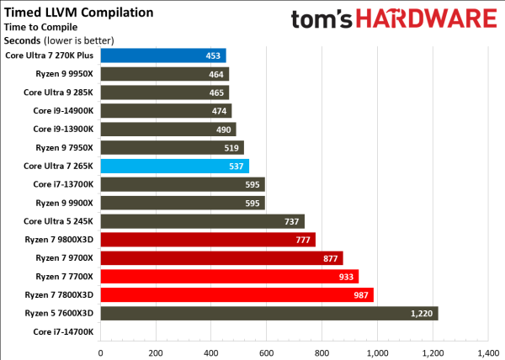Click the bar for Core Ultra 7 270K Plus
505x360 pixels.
pos(162,56)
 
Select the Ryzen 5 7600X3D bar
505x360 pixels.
pos(268,313)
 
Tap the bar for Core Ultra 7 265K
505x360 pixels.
pos(174,166)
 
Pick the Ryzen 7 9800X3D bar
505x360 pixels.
pos(207,240)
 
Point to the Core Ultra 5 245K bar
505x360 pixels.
pos(202,221)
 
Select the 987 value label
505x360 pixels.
pos(359,294)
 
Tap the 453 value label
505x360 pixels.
pos(213,56)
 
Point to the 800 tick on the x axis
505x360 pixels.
pos(322,352)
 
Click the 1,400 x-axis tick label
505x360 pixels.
pos(487,352)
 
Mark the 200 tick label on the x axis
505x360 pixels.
pos(156,352)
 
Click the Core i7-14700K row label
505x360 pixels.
pos(63,331)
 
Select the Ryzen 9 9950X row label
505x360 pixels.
pos(66,74)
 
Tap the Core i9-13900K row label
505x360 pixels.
pos(63,129)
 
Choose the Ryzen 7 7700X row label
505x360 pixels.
pos(65,276)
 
